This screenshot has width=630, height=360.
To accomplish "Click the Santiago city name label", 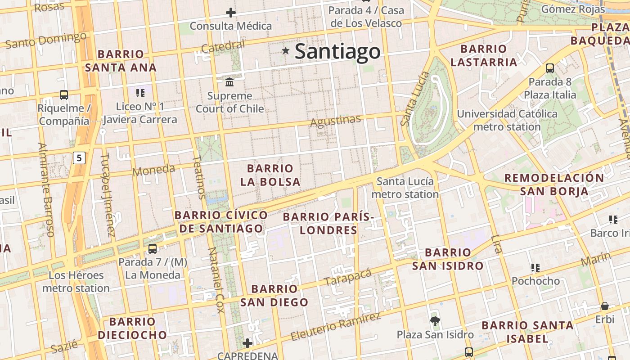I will pyautogui.click(x=337, y=51).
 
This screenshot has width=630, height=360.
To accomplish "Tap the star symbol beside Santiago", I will pyautogui.click(x=285, y=51).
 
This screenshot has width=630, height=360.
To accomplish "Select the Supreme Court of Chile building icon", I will pyautogui.click(x=229, y=82).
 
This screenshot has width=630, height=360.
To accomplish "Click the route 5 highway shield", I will pyautogui.click(x=79, y=158).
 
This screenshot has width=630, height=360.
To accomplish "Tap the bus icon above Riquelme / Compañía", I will pyautogui.click(x=64, y=95).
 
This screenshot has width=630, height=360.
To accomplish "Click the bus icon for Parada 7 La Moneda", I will pyautogui.click(x=153, y=248).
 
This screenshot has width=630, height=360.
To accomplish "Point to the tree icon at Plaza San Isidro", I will pyautogui.click(x=435, y=321).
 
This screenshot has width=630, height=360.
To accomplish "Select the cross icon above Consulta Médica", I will pyautogui.click(x=231, y=13).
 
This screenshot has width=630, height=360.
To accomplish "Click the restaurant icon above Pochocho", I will pyautogui.click(x=535, y=268).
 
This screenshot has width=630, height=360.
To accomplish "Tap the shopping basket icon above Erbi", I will pyautogui.click(x=605, y=306).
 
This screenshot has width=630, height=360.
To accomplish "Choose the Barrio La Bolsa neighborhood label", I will pyautogui.click(x=270, y=175).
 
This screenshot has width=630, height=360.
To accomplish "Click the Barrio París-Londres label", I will pyautogui.click(x=328, y=224).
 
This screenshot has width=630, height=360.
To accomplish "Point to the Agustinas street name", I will pyautogui.click(x=336, y=121).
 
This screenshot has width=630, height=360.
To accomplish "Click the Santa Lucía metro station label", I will pyautogui.click(x=405, y=188).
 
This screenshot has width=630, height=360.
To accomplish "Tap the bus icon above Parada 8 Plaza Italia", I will pyautogui.click(x=550, y=68).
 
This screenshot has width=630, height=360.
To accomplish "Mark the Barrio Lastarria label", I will pyautogui.click(x=484, y=55).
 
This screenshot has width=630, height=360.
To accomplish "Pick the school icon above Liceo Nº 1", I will pyautogui.click(x=140, y=93).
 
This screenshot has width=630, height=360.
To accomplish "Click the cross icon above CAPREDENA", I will pyautogui.click(x=247, y=343).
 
